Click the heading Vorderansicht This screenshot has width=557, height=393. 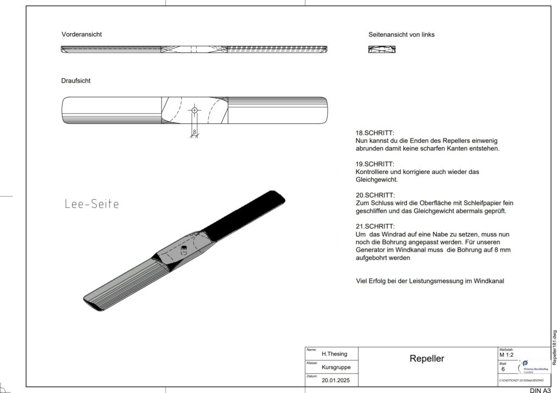tap(82, 34)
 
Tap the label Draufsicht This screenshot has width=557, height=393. tap(76, 80)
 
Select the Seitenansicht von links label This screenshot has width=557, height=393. tap(401, 34)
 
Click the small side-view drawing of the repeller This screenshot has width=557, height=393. tap(382, 49)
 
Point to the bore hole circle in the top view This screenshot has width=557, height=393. tap(194, 110)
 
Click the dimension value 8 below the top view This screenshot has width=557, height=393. tap(194, 132)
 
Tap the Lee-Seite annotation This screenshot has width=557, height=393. tap(91, 204)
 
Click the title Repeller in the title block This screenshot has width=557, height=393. tap(426, 359)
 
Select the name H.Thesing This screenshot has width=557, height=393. tap(335, 354)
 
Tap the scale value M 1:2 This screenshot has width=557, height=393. tap(506, 355)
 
